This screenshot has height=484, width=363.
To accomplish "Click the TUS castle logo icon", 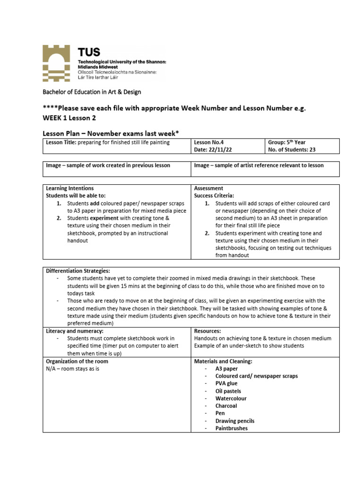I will (58, 63).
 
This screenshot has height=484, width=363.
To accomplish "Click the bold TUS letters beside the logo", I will (89, 52).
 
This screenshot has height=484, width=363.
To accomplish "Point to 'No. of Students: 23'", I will (292, 149).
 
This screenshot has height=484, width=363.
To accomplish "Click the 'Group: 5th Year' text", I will (287, 142).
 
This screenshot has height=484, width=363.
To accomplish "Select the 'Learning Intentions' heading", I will (69, 188).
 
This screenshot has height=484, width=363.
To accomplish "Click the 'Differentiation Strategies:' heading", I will (78, 271).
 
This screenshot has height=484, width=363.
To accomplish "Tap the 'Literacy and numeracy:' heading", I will (74, 331).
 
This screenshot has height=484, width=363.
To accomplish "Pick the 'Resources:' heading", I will (207, 331).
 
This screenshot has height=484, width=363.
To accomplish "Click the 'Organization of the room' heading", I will (77, 361).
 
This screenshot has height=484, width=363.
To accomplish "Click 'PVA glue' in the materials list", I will (226, 383).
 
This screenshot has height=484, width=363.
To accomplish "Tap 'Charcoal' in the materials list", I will (226, 406).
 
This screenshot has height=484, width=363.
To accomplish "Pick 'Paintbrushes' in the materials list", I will (231, 428).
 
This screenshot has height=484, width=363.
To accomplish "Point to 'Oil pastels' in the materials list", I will (228, 391).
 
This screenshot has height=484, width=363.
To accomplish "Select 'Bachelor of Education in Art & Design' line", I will (92, 92).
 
